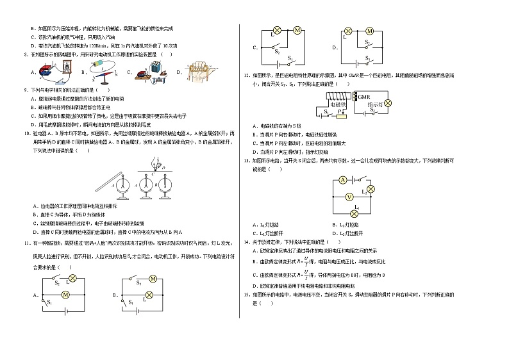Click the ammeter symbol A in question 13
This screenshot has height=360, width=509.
(343, 180)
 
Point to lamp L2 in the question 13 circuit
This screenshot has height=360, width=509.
(370, 189)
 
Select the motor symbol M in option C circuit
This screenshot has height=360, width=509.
(297, 30)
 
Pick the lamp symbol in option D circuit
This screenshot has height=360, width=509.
(349, 31)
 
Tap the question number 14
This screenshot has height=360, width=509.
(247, 243)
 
